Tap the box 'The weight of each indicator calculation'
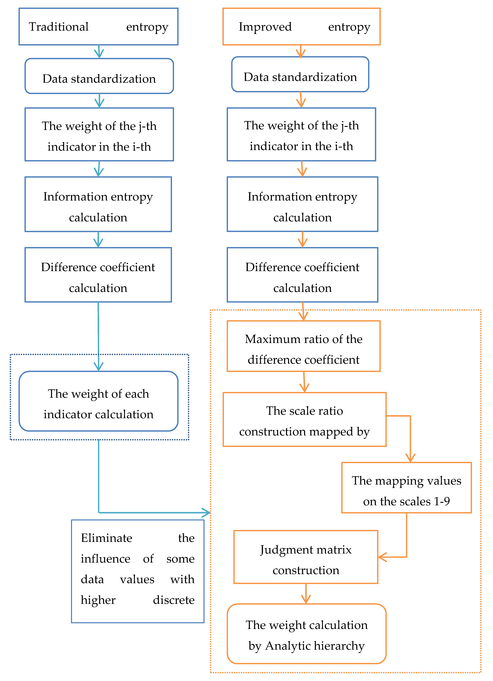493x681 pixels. point(99,401)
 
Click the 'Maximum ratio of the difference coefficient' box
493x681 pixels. point(303,346)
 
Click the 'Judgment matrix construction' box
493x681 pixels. point(306,557)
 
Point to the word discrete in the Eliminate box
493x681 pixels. point(173,600)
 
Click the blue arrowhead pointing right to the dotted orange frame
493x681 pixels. point(207,513)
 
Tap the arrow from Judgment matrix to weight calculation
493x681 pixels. point(306,594)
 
